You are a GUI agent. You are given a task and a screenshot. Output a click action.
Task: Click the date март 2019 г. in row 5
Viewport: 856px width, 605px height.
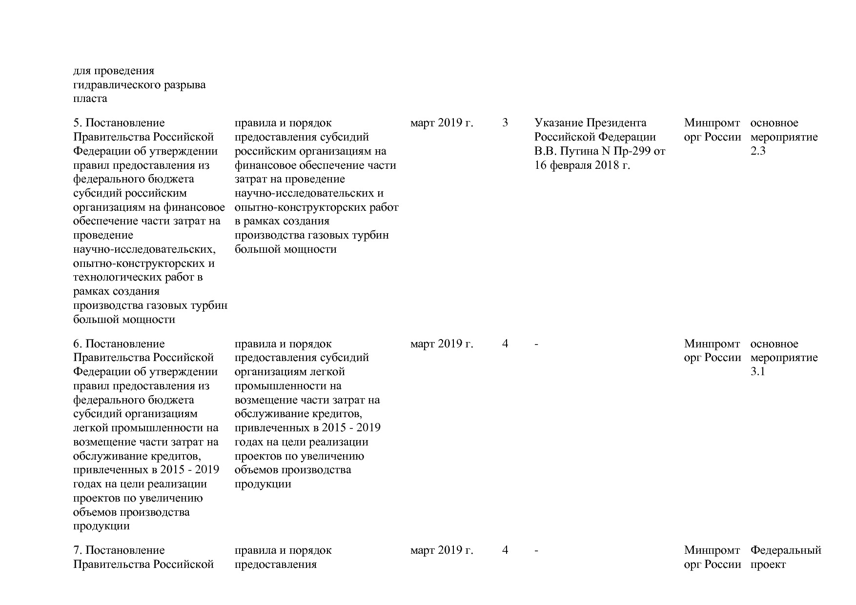pos(442,123)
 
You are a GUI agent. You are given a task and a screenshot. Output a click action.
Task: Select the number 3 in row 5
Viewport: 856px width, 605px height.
pos(505,123)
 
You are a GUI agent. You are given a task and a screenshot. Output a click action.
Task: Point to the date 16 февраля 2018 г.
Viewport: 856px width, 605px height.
pos(582,165)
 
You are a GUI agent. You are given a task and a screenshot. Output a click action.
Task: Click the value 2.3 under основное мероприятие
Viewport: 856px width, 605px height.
pos(758,151)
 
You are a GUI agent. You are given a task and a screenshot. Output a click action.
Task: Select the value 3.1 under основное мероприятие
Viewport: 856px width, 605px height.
pos(758,372)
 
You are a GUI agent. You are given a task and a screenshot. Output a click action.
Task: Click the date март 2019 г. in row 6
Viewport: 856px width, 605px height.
pos(442,344)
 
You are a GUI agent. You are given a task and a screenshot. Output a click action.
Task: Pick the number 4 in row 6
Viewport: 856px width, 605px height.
pos(505,344)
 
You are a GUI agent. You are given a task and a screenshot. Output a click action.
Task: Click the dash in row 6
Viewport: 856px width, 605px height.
pos(537,344)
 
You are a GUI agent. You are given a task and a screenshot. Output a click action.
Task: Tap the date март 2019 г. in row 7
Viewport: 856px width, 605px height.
pos(442,550)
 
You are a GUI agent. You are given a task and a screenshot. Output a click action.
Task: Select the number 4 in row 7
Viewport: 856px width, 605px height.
pos(505,550)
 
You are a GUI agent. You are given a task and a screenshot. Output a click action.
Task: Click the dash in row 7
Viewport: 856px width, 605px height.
pos(537,551)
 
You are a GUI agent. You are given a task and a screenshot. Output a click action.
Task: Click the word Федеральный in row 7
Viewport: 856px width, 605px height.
pos(786,550)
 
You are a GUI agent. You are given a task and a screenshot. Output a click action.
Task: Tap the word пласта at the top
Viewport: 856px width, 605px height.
pos(90,99)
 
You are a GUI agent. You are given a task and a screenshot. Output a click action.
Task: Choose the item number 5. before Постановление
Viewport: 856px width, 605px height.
pos(78,123)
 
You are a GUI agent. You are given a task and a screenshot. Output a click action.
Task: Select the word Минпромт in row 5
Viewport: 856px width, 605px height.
pos(712,123)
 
